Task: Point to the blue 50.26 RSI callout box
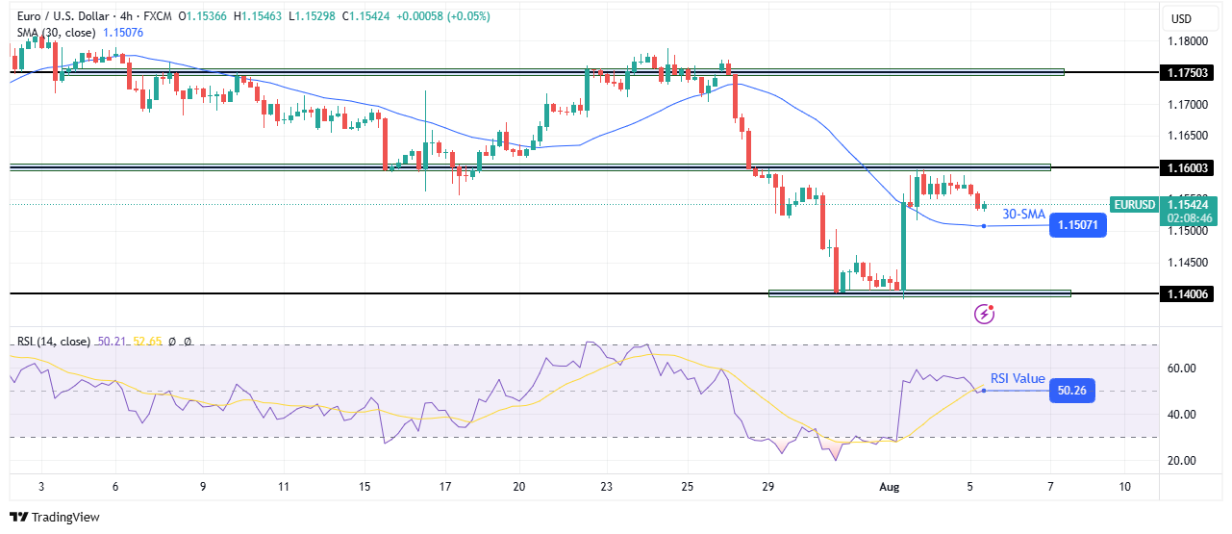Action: tap(1070, 391)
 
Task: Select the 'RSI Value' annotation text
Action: tap(1018, 378)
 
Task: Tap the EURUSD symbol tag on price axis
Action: tap(1135, 204)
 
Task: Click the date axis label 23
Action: tap(606, 487)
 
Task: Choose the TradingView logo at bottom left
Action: tap(55, 517)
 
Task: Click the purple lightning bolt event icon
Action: tap(984, 313)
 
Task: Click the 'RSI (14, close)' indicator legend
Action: tap(53, 342)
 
